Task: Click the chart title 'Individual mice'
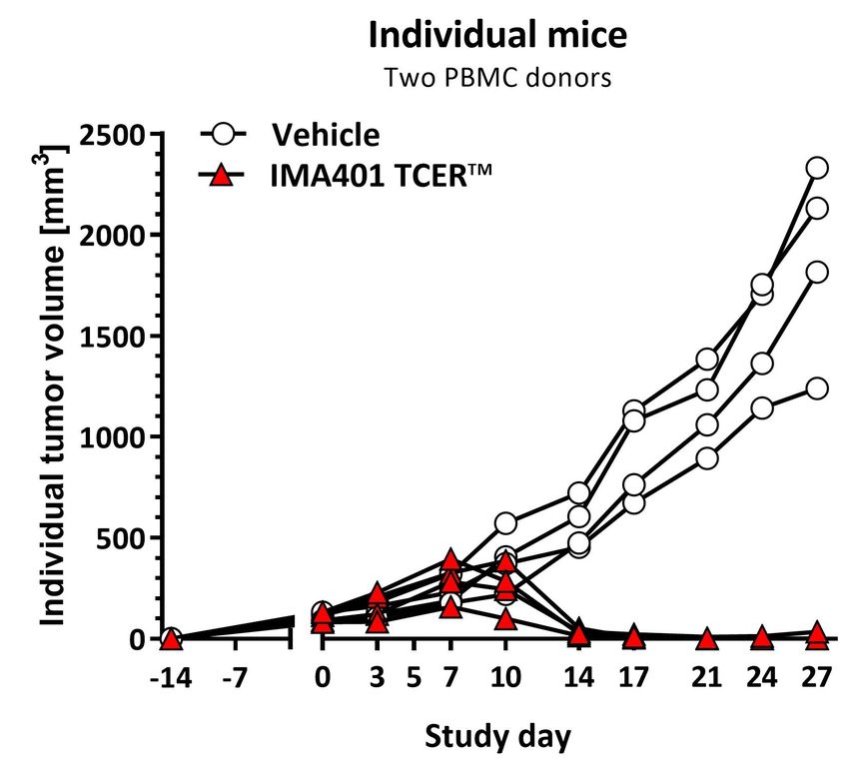tap(497, 37)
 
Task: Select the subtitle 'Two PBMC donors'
tap(497, 78)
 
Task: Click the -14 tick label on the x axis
tap(171, 678)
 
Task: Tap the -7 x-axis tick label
tap(237, 678)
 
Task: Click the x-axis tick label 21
tap(707, 678)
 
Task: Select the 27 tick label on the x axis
tap(817, 678)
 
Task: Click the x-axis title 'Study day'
tap(497, 738)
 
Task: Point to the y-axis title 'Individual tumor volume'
tap(52, 380)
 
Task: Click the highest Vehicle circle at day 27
tap(817, 168)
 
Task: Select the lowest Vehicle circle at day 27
tap(817, 387)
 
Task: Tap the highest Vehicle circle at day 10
tap(505, 523)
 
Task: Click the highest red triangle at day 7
tap(450, 559)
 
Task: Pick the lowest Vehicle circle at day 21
tap(707, 458)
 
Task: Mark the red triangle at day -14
tap(171, 639)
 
